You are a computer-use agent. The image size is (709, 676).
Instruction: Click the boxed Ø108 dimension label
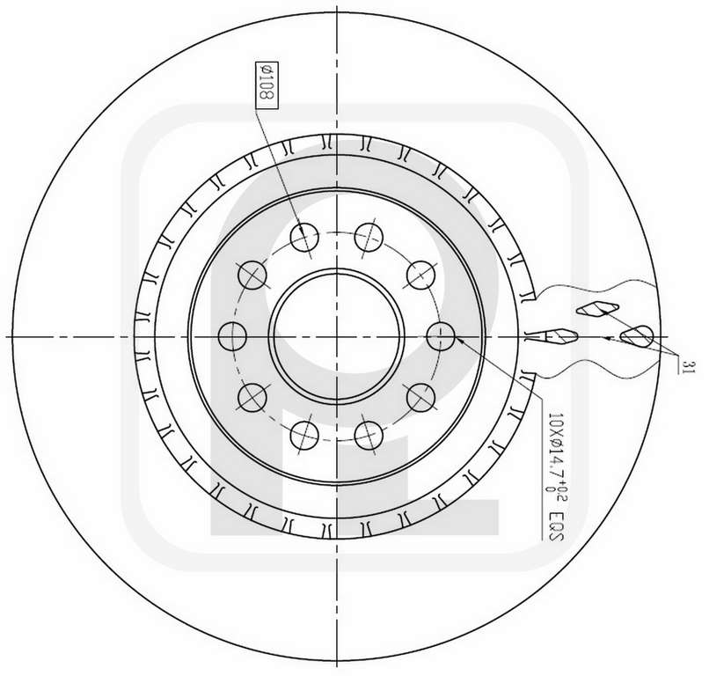(267, 84)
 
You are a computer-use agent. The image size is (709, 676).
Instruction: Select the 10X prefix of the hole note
(554, 424)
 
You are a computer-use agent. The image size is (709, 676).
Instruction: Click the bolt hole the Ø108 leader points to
(304, 237)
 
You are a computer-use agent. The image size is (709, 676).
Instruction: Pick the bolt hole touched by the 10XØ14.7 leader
(441, 336)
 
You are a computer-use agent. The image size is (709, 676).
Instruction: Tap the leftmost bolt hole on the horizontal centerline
(232, 336)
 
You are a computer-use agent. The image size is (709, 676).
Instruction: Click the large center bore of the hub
(336, 336)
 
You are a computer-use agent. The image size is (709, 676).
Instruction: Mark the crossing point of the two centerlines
(337, 336)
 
